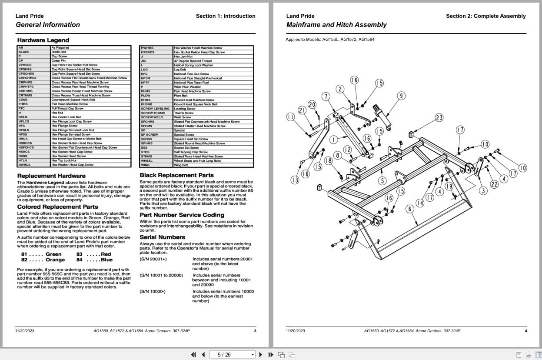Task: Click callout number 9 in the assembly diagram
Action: [x=401, y=96]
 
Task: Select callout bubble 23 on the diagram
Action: [x=439, y=118]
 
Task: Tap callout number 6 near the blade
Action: [x=409, y=209]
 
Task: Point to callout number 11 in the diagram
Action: [x=291, y=117]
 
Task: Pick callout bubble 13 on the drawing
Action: [x=295, y=180]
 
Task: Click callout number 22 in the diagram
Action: [x=494, y=184]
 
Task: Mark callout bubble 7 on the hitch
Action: [x=326, y=97]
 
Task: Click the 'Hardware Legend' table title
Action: [x=37, y=40]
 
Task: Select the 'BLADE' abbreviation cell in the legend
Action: [x=24, y=52]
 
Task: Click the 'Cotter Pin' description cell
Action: [x=58, y=61]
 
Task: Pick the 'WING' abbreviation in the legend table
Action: [x=145, y=165]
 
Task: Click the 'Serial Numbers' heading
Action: [x=162, y=237]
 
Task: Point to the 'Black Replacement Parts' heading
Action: [x=176, y=175]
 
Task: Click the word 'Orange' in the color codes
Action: [x=55, y=260]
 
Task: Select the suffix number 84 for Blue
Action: [x=79, y=260]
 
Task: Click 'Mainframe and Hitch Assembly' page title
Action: [x=336, y=25]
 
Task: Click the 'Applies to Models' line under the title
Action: [x=329, y=40]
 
